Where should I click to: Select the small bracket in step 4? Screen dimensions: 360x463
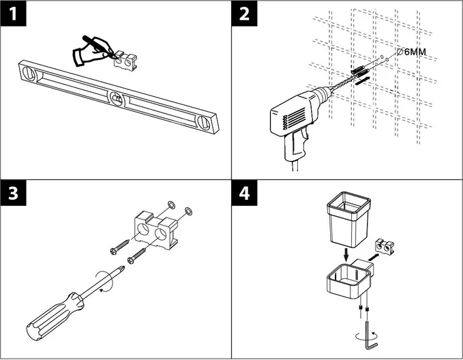tap(387, 247)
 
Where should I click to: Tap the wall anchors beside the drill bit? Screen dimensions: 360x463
tap(359, 71)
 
